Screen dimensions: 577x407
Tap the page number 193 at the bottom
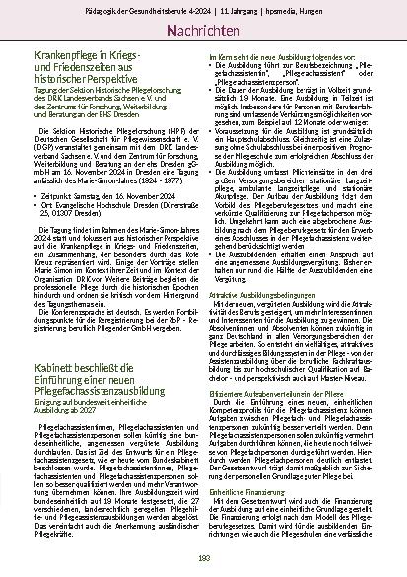pyautogui.click(x=203, y=560)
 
